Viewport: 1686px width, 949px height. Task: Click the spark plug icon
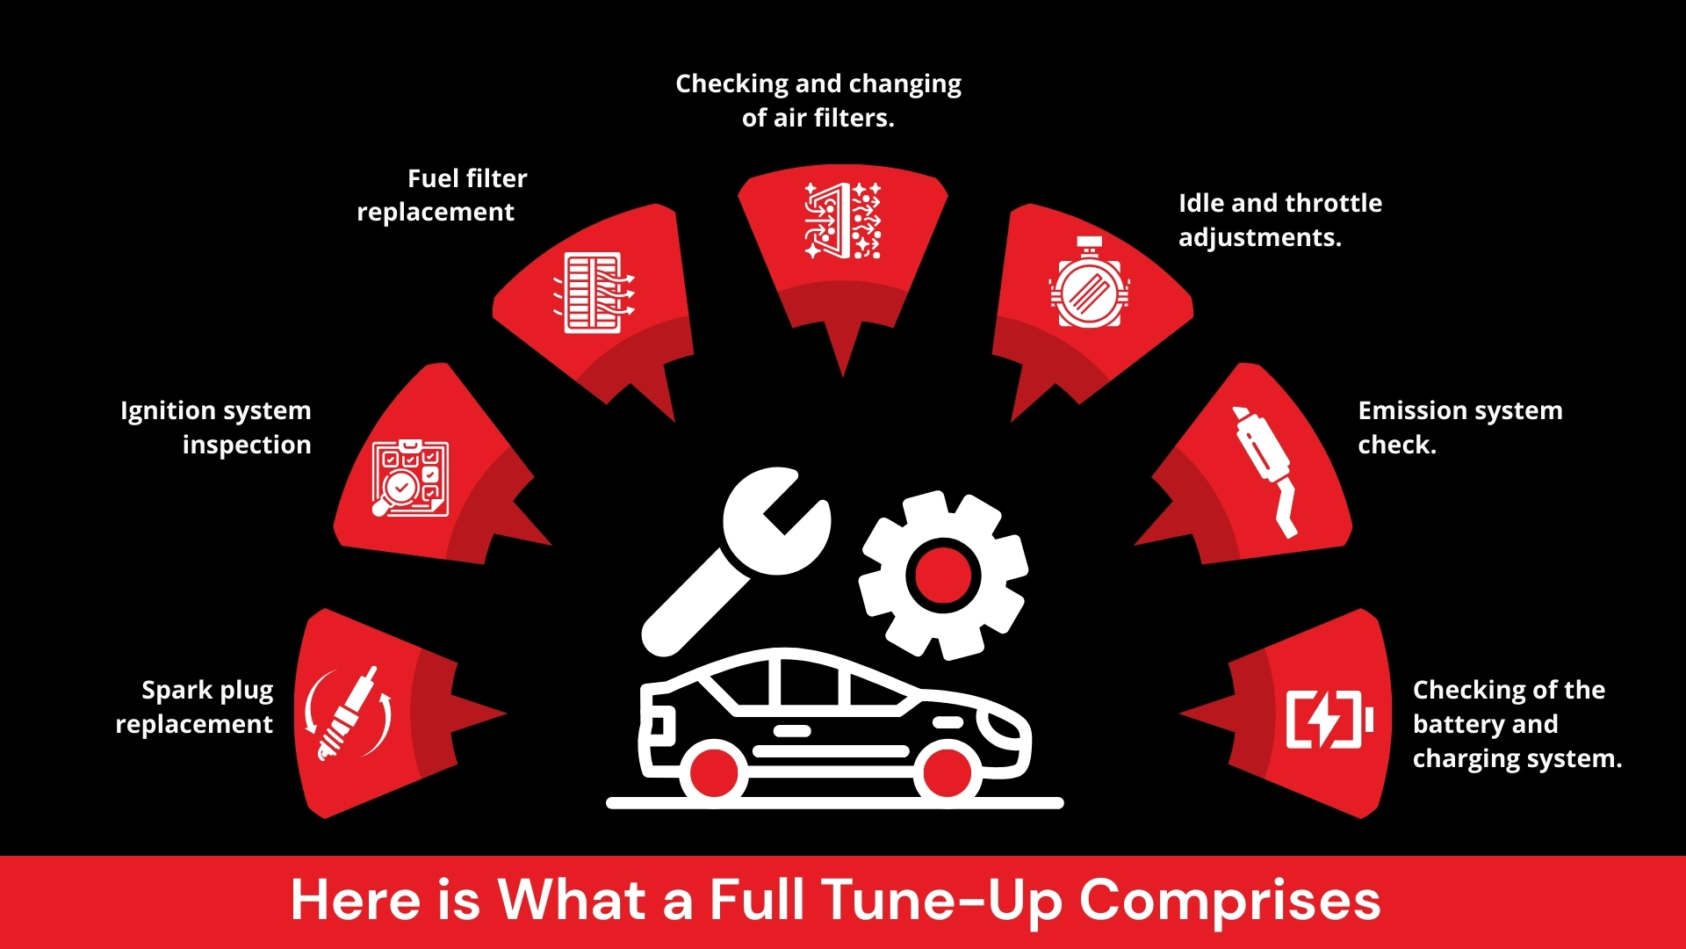(349, 713)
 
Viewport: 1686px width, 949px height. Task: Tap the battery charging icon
(1329, 719)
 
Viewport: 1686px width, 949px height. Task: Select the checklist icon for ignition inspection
(410, 478)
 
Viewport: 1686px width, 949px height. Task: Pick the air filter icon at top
(843, 221)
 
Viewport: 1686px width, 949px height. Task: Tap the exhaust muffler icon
(1265, 469)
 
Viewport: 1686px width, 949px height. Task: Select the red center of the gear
(943, 575)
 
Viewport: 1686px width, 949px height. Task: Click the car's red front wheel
(947, 772)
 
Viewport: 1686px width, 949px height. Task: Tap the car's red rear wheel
(714, 772)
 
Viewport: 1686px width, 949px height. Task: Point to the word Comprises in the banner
(1228, 901)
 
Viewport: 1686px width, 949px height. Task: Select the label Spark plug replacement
(195, 706)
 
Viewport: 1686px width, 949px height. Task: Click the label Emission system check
(1459, 427)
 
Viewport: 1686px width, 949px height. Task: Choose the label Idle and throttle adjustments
(1279, 220)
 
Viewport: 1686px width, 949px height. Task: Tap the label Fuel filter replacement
(442, 195)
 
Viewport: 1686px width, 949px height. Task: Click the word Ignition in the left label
(168, 411)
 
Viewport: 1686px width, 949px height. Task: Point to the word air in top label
(789, 118)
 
